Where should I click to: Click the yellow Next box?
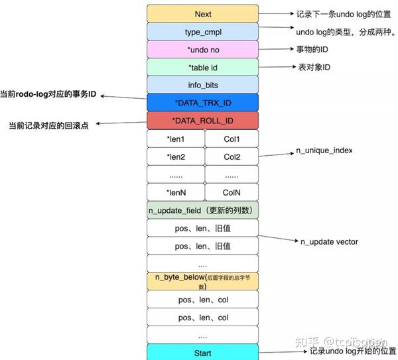(x=203, y=14)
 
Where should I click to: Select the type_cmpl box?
(x=203, y=32)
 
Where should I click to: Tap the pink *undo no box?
(x=203, y=50)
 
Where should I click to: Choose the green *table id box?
(x=203, y=68)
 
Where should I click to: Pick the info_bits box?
(x=203, y=85)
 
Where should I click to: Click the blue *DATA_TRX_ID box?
(x=203, y=103)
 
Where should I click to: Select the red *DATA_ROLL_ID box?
(x=203, y=121)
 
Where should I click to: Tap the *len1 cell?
(x=176, y=139)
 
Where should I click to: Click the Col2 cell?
(x=232, y=157)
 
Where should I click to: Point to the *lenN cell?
(x=176, y=192)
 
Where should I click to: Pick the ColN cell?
(x=232, y=192)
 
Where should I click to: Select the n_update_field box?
(x=203, y=210)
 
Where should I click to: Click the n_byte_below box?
(x=203, y=281)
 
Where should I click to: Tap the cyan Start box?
(x=203, y=353)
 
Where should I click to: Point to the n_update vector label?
(x=330, y=242)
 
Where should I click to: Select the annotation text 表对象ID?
(x=314, y=68)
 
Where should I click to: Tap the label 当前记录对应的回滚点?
(x=48, y=125)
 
